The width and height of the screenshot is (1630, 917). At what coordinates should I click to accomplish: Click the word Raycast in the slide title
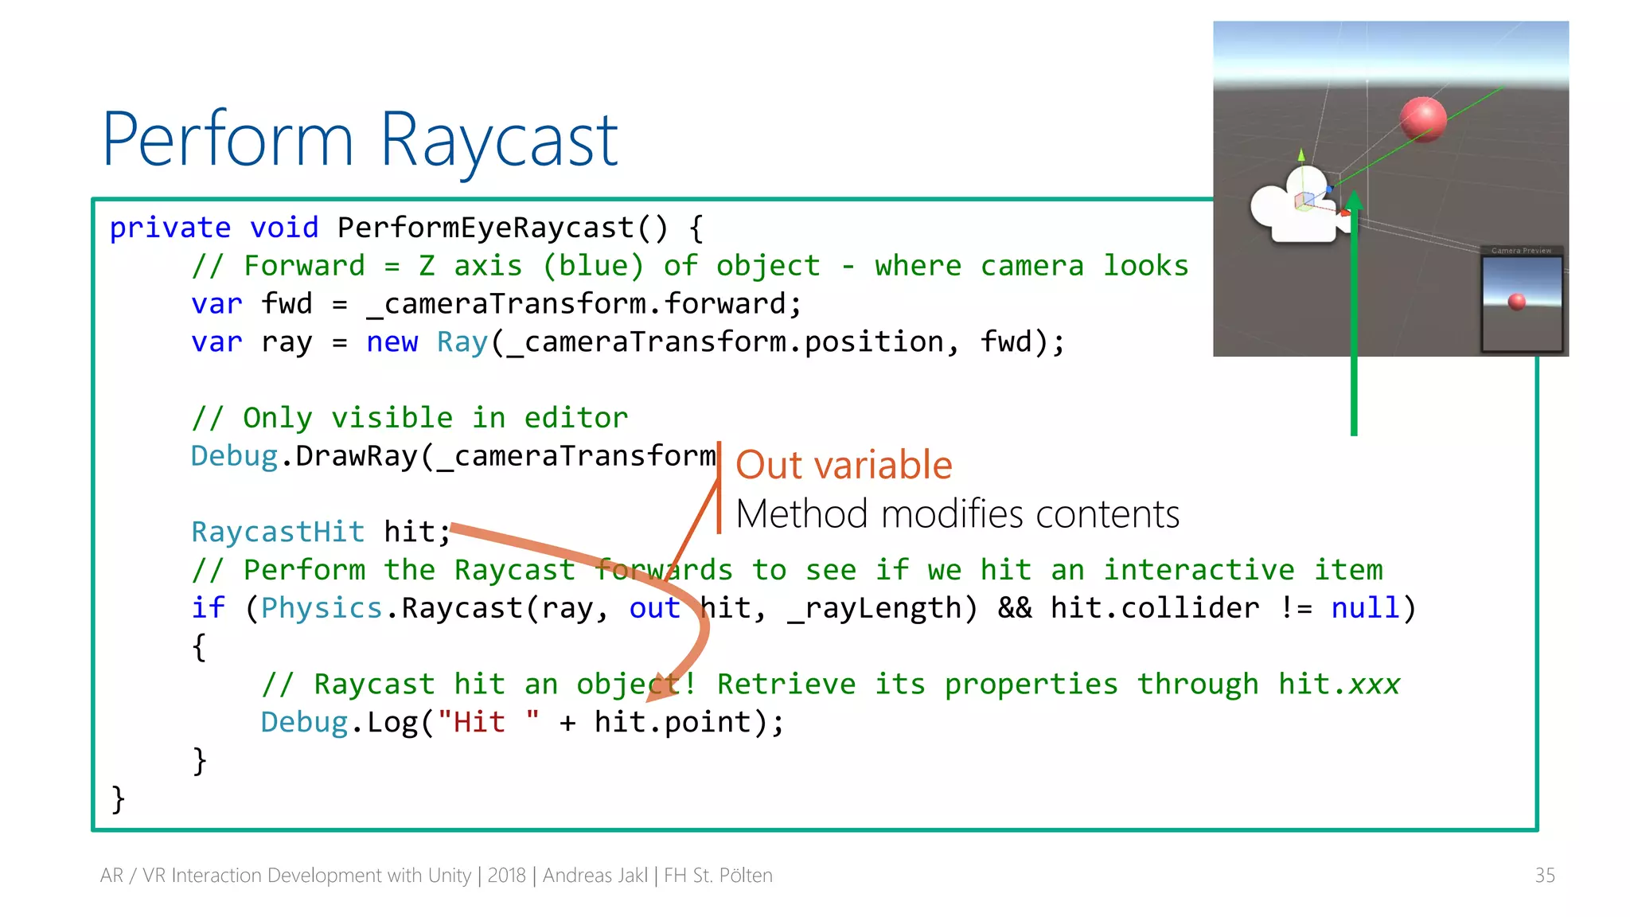[499, 142]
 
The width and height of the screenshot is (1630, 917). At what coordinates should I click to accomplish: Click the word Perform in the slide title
[228, 142]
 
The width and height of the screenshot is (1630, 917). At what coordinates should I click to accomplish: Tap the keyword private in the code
[170, 228]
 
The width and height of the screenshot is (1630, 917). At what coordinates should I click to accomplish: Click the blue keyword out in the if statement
[654, 609]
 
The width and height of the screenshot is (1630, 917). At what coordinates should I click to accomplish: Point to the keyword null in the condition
[1364, 609]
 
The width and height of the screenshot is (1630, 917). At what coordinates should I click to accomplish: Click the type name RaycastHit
[278, 533]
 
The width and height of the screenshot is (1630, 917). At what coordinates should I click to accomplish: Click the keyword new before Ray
[392, 342]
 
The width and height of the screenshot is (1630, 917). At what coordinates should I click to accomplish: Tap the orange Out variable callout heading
[844, 466]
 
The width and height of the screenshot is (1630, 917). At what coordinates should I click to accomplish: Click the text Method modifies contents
[957, 515]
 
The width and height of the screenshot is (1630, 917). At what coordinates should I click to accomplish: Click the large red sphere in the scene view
[1423, 119]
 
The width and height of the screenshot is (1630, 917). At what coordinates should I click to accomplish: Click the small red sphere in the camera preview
[1517, 301]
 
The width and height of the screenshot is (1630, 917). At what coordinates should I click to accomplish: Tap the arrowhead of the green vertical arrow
[1354, 202]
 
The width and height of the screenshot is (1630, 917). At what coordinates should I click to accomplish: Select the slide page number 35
[1544, 876]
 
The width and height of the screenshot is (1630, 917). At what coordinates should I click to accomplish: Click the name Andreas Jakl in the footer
[595, 876]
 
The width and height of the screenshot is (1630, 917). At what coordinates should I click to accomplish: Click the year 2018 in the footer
[506, 876]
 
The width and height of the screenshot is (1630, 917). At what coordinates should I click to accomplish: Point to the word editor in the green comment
[575, 419]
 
